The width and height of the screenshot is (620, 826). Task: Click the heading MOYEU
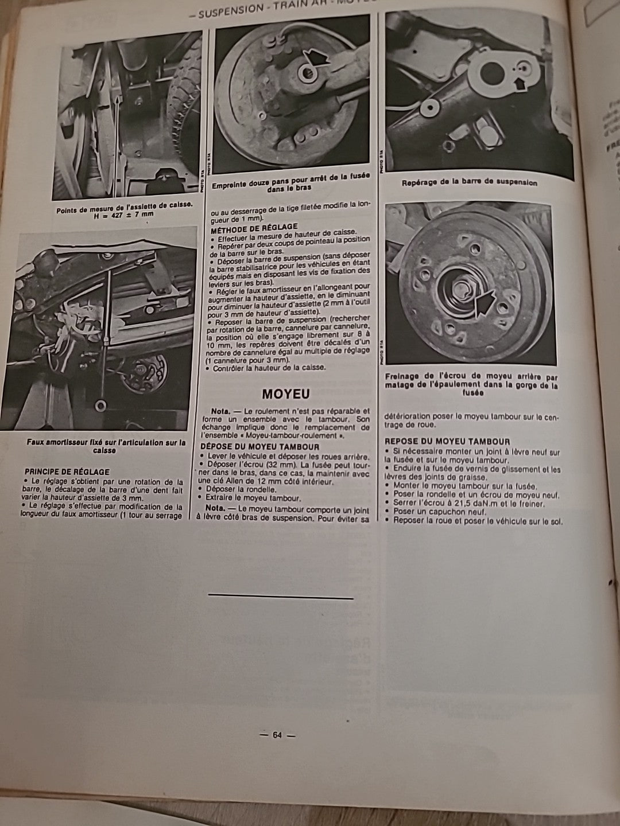click(285, 394)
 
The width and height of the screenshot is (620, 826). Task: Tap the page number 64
click(277, 735)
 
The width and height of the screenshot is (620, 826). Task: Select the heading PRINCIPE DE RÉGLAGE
click(67, 472)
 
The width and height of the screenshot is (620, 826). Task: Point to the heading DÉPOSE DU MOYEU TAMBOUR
click(260, 447)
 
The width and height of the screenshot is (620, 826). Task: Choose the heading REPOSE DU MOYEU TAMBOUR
click(447, 441)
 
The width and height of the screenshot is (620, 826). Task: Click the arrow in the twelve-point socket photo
click(317, 57)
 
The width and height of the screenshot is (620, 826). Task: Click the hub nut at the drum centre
click(462, 285)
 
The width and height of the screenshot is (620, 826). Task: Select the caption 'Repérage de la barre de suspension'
click(470, 182)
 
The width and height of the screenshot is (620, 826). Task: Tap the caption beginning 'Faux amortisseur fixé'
click(106, 446)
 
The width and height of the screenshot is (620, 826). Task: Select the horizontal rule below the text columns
click(280, 598)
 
